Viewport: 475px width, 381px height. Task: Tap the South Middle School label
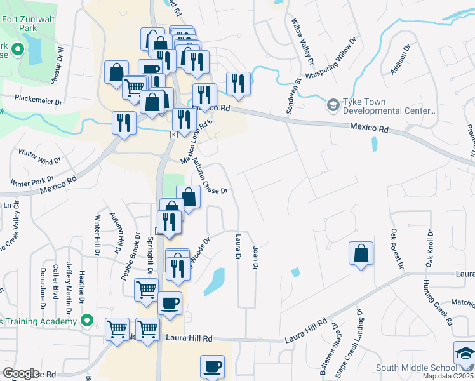pyautogui.click(x=412, y=368)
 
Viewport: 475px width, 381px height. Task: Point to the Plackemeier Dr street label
pyautogui.click(x=39, y=101)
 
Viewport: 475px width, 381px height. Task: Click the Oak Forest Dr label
pyautogui.click(x=397, y=248)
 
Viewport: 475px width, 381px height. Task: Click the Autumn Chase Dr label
pyautogui.click(x=210, y=177)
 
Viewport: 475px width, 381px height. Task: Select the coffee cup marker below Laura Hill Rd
pyautogui.click(x=212, y=366)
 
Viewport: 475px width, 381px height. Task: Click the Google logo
pyautogui.click(x=21, y=373)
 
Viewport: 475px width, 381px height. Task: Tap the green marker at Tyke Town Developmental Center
pyautogui.click(x=332, y=104)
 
